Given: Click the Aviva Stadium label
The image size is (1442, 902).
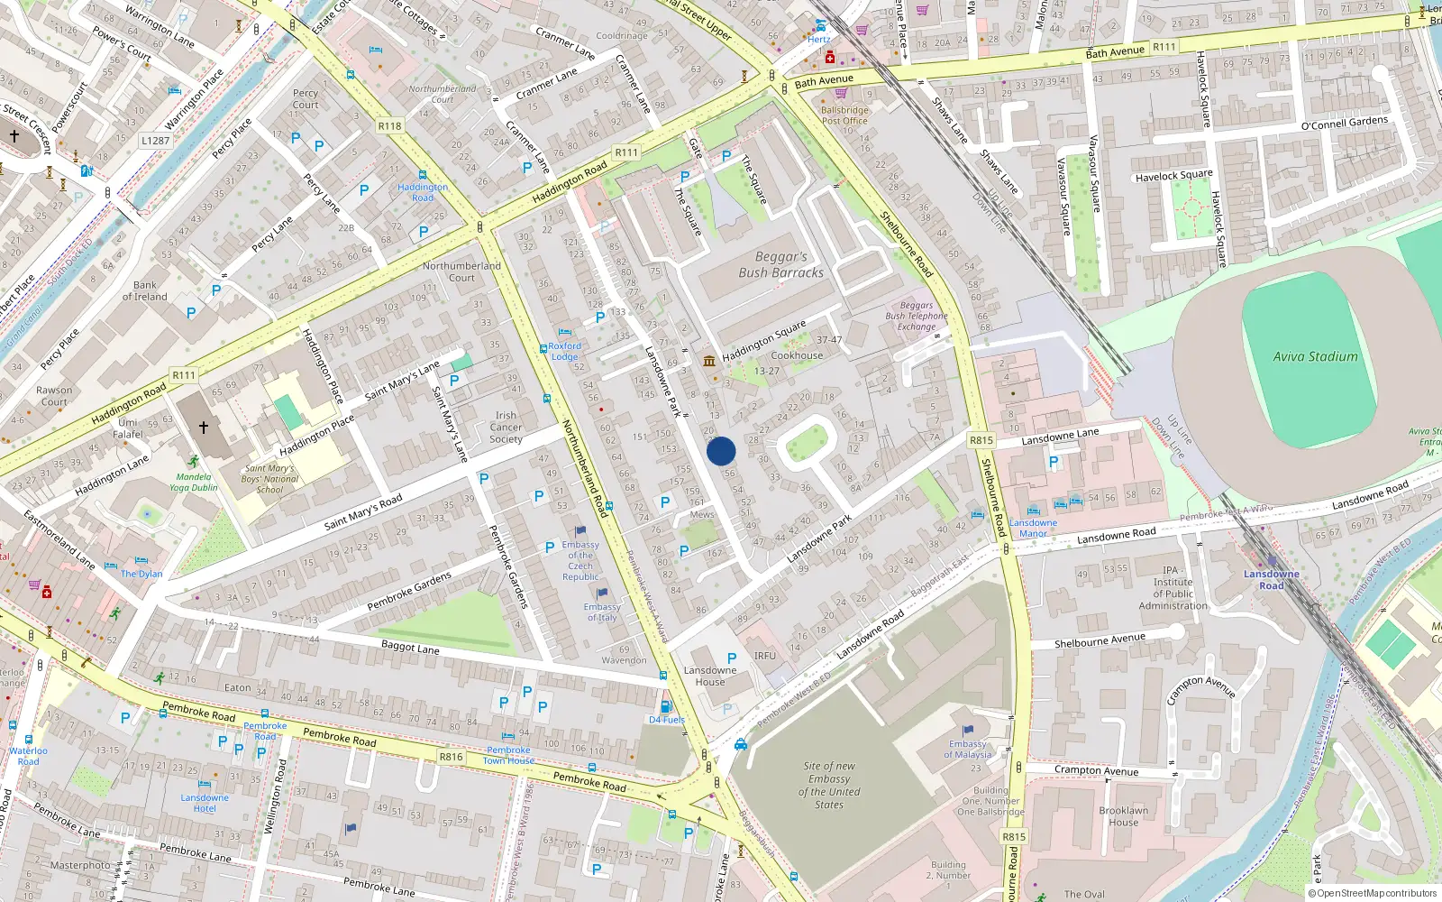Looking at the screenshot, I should click(x=1315, y=356).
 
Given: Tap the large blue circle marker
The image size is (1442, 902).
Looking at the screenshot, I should click(x=721, y=451).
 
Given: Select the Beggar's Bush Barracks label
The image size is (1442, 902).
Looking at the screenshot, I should click(x=780, y=264).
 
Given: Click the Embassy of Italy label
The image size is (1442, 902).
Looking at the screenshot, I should click(x=601, y=612).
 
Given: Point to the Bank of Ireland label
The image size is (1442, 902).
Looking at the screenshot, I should click(x=144, y=290).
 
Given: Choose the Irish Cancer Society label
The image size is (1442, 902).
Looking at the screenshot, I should click(x=506, y=428).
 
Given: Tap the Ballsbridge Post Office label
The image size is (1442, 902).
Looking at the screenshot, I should click(x=844, y=115).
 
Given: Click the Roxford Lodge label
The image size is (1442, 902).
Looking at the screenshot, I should click(x=565, y=351).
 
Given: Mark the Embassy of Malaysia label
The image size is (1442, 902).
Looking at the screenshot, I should click(x=967, y=750).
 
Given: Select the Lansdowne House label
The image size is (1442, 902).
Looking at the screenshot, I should click(x=710, y=676).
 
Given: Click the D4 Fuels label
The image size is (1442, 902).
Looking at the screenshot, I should click(x=667, y=720).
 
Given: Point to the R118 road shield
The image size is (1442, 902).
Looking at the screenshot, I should click(x=389, y=126).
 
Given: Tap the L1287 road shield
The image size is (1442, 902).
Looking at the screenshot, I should click(x=155, y=141).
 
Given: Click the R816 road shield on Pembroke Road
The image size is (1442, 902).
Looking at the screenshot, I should click(x=451, y=757).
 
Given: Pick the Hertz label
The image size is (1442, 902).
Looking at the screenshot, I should click(x=818, y=39).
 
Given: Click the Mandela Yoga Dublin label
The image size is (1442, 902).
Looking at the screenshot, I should click(x=193, y=482).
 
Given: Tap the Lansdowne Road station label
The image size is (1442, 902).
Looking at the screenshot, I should click(x=1271, y=579).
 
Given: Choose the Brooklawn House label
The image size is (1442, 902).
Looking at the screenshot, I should click(x=1123, y=816).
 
